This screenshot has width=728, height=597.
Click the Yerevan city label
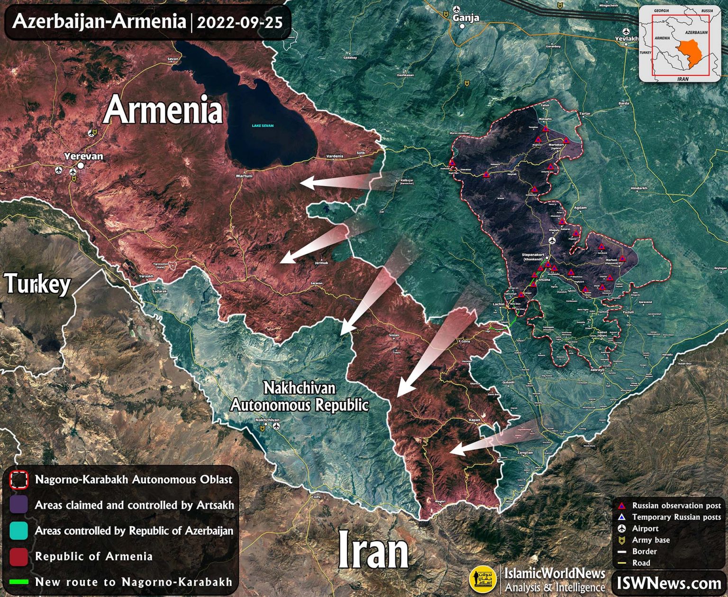(83, 156)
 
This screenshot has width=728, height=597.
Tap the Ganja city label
(465, 18)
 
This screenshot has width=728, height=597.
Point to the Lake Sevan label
(263, 126)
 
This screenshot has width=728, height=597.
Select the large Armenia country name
(163, 110)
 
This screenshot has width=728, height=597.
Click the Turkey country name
(38, 284)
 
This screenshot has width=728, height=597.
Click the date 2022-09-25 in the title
(239, 22)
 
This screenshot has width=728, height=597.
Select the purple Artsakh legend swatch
(18, 505)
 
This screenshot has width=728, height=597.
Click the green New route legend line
(18, 582)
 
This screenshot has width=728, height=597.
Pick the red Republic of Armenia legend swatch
(18, 557)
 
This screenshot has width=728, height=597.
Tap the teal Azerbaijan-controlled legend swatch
(18, 531)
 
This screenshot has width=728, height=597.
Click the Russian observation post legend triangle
(622, 506)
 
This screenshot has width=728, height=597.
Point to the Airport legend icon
(622, 528)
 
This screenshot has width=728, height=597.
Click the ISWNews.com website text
(669, 583)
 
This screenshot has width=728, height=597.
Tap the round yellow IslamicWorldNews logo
(482, 579)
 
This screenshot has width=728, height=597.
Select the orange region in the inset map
(690, 49)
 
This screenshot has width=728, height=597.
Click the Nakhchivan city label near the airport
(267, 420)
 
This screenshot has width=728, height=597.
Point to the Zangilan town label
(525, 453)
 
